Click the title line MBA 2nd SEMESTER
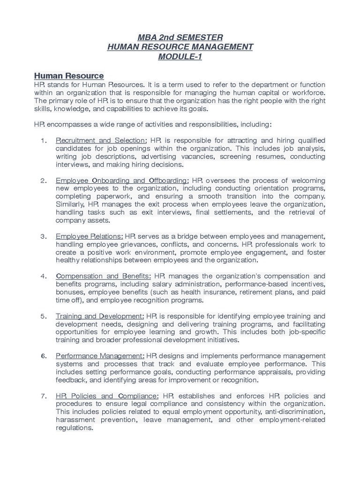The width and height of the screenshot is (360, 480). pos(180,37)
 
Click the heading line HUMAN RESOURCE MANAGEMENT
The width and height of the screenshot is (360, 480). pos(180,47)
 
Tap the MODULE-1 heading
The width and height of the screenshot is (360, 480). pos(180,57)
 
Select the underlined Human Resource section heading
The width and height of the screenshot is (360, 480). pos(69,76)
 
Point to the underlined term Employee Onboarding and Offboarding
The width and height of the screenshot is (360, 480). pos(122,180)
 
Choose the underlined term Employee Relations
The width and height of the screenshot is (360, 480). pos(90,236)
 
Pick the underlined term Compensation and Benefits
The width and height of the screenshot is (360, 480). pos(103,276)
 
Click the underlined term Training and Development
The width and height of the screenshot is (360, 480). pos(99,316)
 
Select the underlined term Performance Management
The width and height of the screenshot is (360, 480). pos(100,356)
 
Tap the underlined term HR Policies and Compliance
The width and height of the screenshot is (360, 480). pos(107,396)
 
